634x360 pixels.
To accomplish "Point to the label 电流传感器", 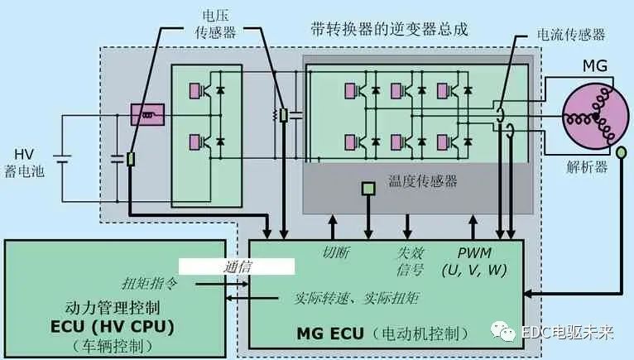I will coord(571,35).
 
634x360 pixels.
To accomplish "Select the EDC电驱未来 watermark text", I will coord(567,333).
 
